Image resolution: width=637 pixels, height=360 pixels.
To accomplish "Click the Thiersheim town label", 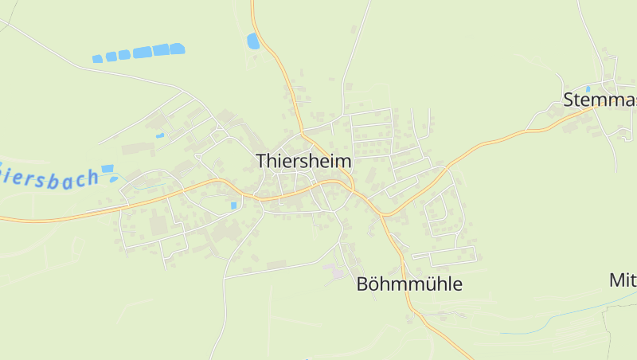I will (303, 161).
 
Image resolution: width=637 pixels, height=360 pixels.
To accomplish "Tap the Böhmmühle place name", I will (409, 284).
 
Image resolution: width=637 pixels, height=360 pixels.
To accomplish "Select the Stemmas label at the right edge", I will (600, 100).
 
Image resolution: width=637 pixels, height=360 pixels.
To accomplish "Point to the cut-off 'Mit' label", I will (623, 280).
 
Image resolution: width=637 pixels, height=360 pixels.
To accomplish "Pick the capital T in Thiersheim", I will (263, 161).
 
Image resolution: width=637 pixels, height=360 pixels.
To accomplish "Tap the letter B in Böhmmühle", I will (363, 284).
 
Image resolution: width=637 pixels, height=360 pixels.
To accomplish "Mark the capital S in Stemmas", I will (569, 100).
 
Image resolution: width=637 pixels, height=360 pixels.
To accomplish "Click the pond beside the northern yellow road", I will (253, 41).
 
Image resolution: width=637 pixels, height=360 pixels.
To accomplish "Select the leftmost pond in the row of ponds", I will (98, 59).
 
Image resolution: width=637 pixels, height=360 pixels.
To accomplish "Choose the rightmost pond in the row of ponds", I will (177, 49).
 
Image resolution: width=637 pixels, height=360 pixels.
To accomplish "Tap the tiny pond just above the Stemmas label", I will (588, 88).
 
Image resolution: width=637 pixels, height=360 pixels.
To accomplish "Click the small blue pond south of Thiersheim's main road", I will (233, 205).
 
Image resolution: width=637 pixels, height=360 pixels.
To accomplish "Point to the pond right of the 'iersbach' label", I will (107, 169).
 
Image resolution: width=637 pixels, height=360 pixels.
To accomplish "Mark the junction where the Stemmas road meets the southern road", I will (382, 214).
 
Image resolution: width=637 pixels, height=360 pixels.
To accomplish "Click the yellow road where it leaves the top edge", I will (252, 2).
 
